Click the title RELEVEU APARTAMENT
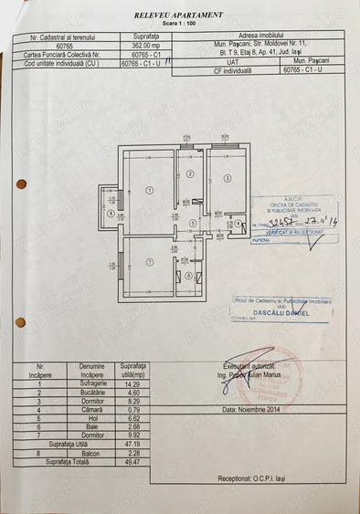click(178, 16)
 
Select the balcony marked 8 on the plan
click(111, 215)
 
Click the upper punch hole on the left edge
click(21, 184)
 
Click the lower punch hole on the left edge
click(21, 322)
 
